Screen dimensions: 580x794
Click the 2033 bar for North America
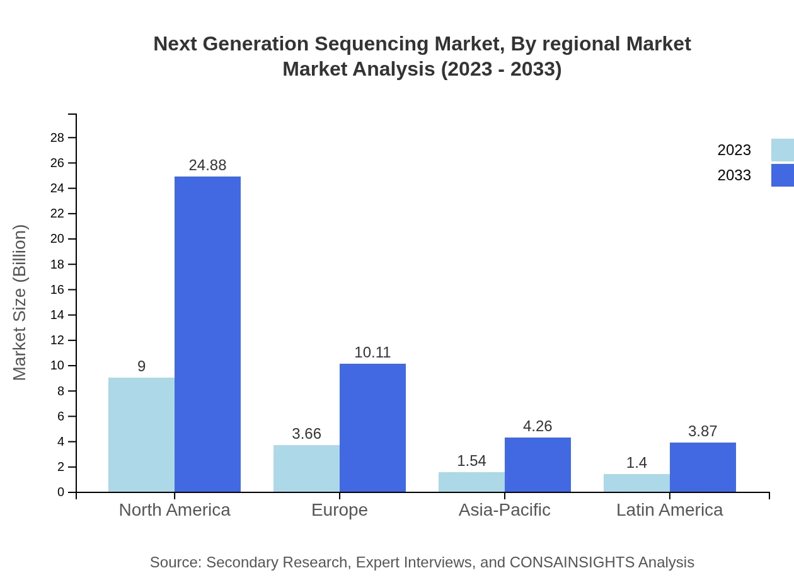[x=207, y=334]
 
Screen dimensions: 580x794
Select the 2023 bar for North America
[x=141, y=435]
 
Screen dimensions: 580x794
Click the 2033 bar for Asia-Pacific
[x=538, y=465]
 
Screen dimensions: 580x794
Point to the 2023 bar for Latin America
[x=636, y=483]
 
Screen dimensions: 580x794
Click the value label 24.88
[x=207, y=165]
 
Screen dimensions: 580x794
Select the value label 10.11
[x=372, y=352]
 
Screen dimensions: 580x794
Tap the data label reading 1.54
[x=471, y=461]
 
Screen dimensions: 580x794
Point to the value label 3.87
[x=703, y=431]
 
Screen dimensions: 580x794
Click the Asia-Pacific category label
[x=504, y=509]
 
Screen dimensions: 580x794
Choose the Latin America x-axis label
[x=669, y=509]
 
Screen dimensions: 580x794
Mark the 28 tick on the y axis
[x=57, y=137]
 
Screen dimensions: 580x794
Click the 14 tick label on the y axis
[x=57, y=315]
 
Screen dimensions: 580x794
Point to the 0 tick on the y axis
[x=61, y=492]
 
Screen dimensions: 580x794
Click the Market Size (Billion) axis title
[x=20, y=303]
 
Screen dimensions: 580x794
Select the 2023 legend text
[x=734, y=150]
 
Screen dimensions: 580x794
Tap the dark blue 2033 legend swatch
[x=782, y=175]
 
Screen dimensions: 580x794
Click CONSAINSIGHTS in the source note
[x=572, y=562]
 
